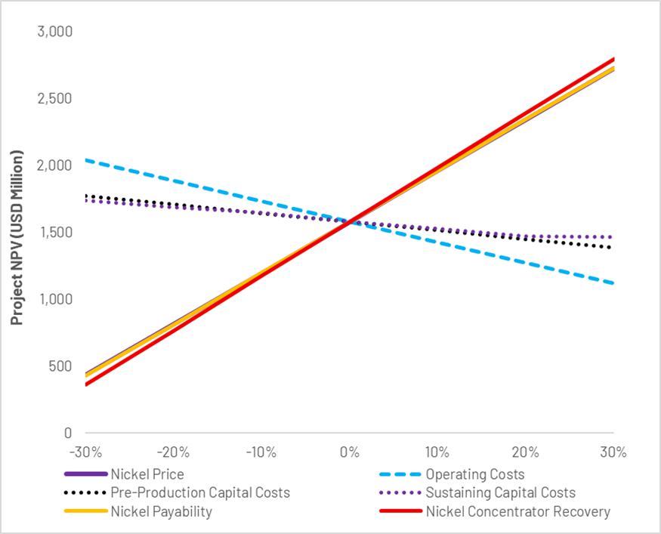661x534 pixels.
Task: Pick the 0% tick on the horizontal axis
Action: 349,453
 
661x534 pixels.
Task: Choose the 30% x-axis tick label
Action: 613,453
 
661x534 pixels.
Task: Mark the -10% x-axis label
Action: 261,453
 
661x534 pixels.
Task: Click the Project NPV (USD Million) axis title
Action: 17,238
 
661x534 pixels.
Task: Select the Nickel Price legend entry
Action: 147,475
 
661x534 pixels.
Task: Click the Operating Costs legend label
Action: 474,475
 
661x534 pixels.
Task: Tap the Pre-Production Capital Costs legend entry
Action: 200,493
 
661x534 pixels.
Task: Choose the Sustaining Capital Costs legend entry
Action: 500,493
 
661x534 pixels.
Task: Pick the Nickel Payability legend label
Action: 161,512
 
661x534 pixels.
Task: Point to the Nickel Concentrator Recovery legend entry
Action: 517,512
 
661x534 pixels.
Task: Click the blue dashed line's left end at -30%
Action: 85,160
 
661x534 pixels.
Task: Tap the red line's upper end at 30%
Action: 613,59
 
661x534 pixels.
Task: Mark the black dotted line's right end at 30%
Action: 613,248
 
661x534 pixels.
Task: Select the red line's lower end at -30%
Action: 85,384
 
